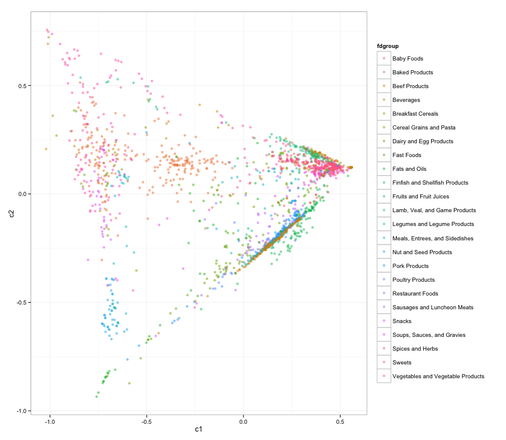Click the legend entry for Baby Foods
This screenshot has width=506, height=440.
(408, 59)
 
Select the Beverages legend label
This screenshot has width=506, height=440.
(406, 100)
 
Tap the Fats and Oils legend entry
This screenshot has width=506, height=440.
(409, 169)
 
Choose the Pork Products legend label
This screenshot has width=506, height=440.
(410, 266)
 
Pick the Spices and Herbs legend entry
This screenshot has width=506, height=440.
(415, 349)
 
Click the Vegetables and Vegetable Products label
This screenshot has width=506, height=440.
(438, 376)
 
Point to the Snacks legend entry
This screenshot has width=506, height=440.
(402, 321)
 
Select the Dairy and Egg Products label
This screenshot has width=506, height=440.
(423, 141)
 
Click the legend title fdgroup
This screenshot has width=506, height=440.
(388, 46)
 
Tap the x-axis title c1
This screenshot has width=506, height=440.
(198, 429)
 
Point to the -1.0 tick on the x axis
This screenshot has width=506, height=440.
(50, 422)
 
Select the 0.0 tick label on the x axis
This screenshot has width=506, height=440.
(243, 422)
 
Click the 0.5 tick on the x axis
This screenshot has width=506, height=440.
(340, 422)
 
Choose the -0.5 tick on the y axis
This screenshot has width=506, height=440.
(20, 303)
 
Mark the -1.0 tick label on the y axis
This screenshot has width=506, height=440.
(20, 411)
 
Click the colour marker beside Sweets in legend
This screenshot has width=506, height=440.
(384, 363)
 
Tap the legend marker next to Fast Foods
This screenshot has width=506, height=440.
(384, 155)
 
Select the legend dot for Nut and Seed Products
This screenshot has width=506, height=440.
(384, 252)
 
